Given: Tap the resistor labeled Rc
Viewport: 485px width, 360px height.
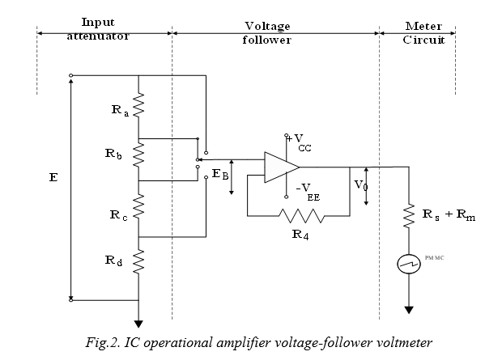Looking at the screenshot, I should tap(139, 208).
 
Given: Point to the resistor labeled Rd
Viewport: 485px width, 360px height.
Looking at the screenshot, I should tap(139, 260).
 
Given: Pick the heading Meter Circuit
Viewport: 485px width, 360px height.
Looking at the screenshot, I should tap(423, 32).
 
